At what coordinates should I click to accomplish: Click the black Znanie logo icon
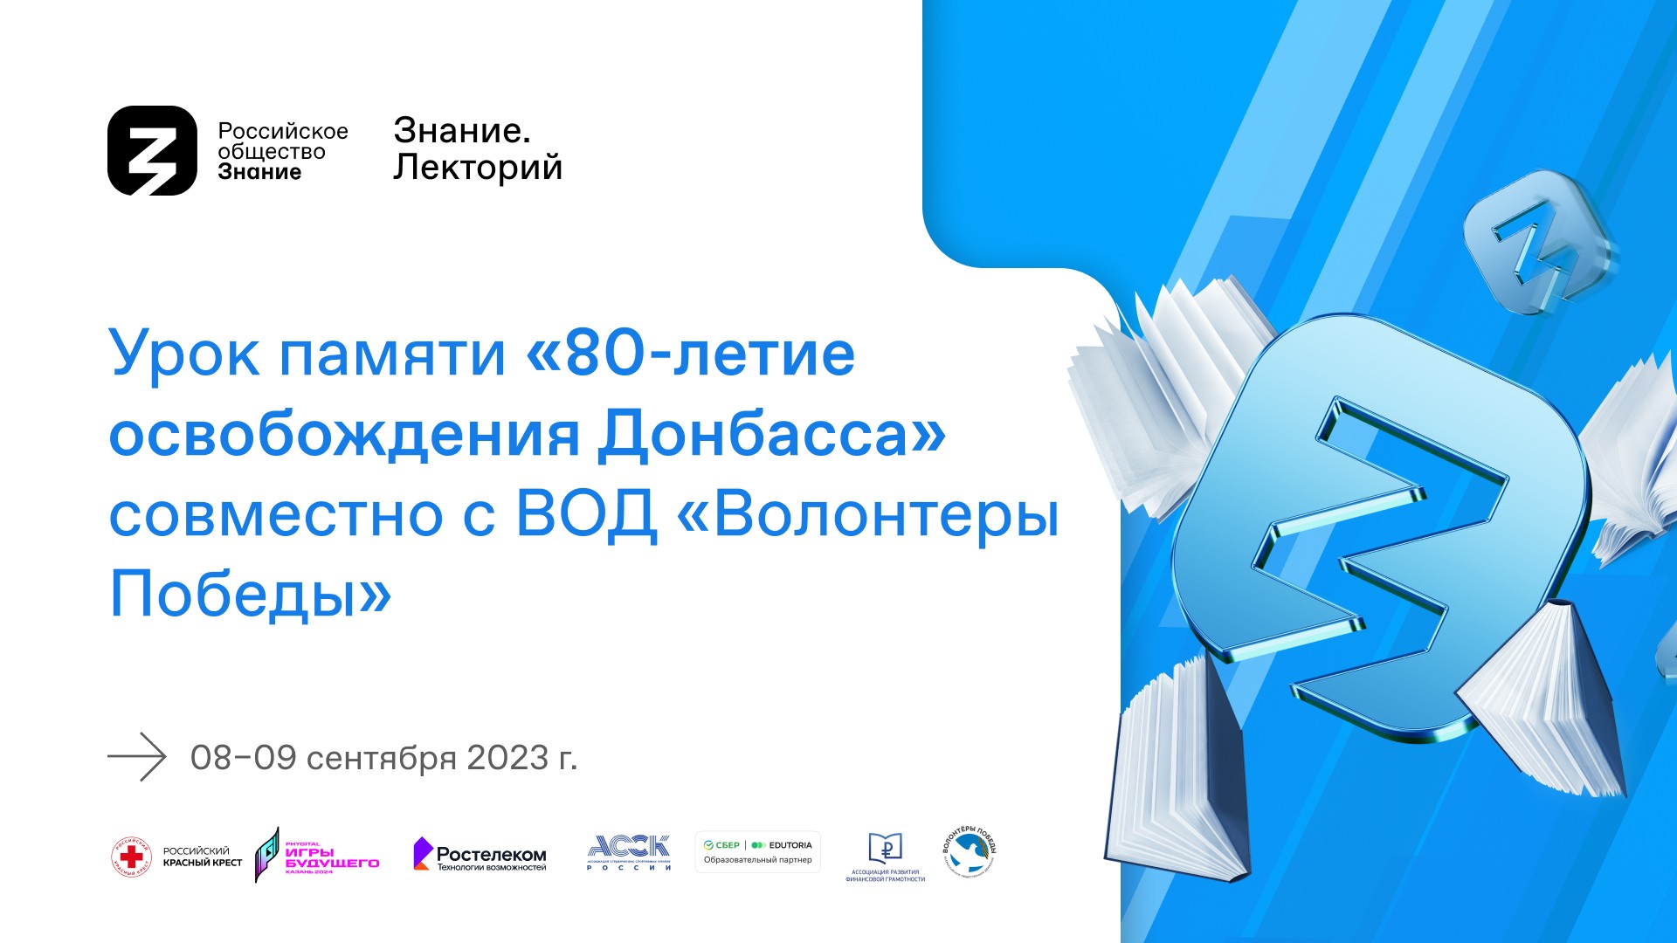click(x=153, y=150)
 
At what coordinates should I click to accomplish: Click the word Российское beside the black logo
click(x=283, y=132)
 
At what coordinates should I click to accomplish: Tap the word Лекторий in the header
click(x=477, y=168)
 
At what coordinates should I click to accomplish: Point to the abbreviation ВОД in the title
click(x=585, y=514)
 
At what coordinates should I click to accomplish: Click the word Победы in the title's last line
click(x=233, y=594)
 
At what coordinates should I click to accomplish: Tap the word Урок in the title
click(x=184, y=354)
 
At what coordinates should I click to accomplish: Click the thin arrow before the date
click(x=137, y=756)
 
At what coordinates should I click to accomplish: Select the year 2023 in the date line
click(x=507, y=758)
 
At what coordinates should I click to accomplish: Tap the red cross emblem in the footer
click(x=131, y=857)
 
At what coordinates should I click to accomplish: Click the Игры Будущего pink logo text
click(x=332, y=857)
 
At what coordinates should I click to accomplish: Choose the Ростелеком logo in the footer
click(x=480, y=855)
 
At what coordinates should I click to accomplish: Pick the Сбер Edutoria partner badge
click(x=757, y=851)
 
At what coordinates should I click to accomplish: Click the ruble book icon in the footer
click(x=885, y=848)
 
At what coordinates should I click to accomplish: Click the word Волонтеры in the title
click(x=887, y=514)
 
